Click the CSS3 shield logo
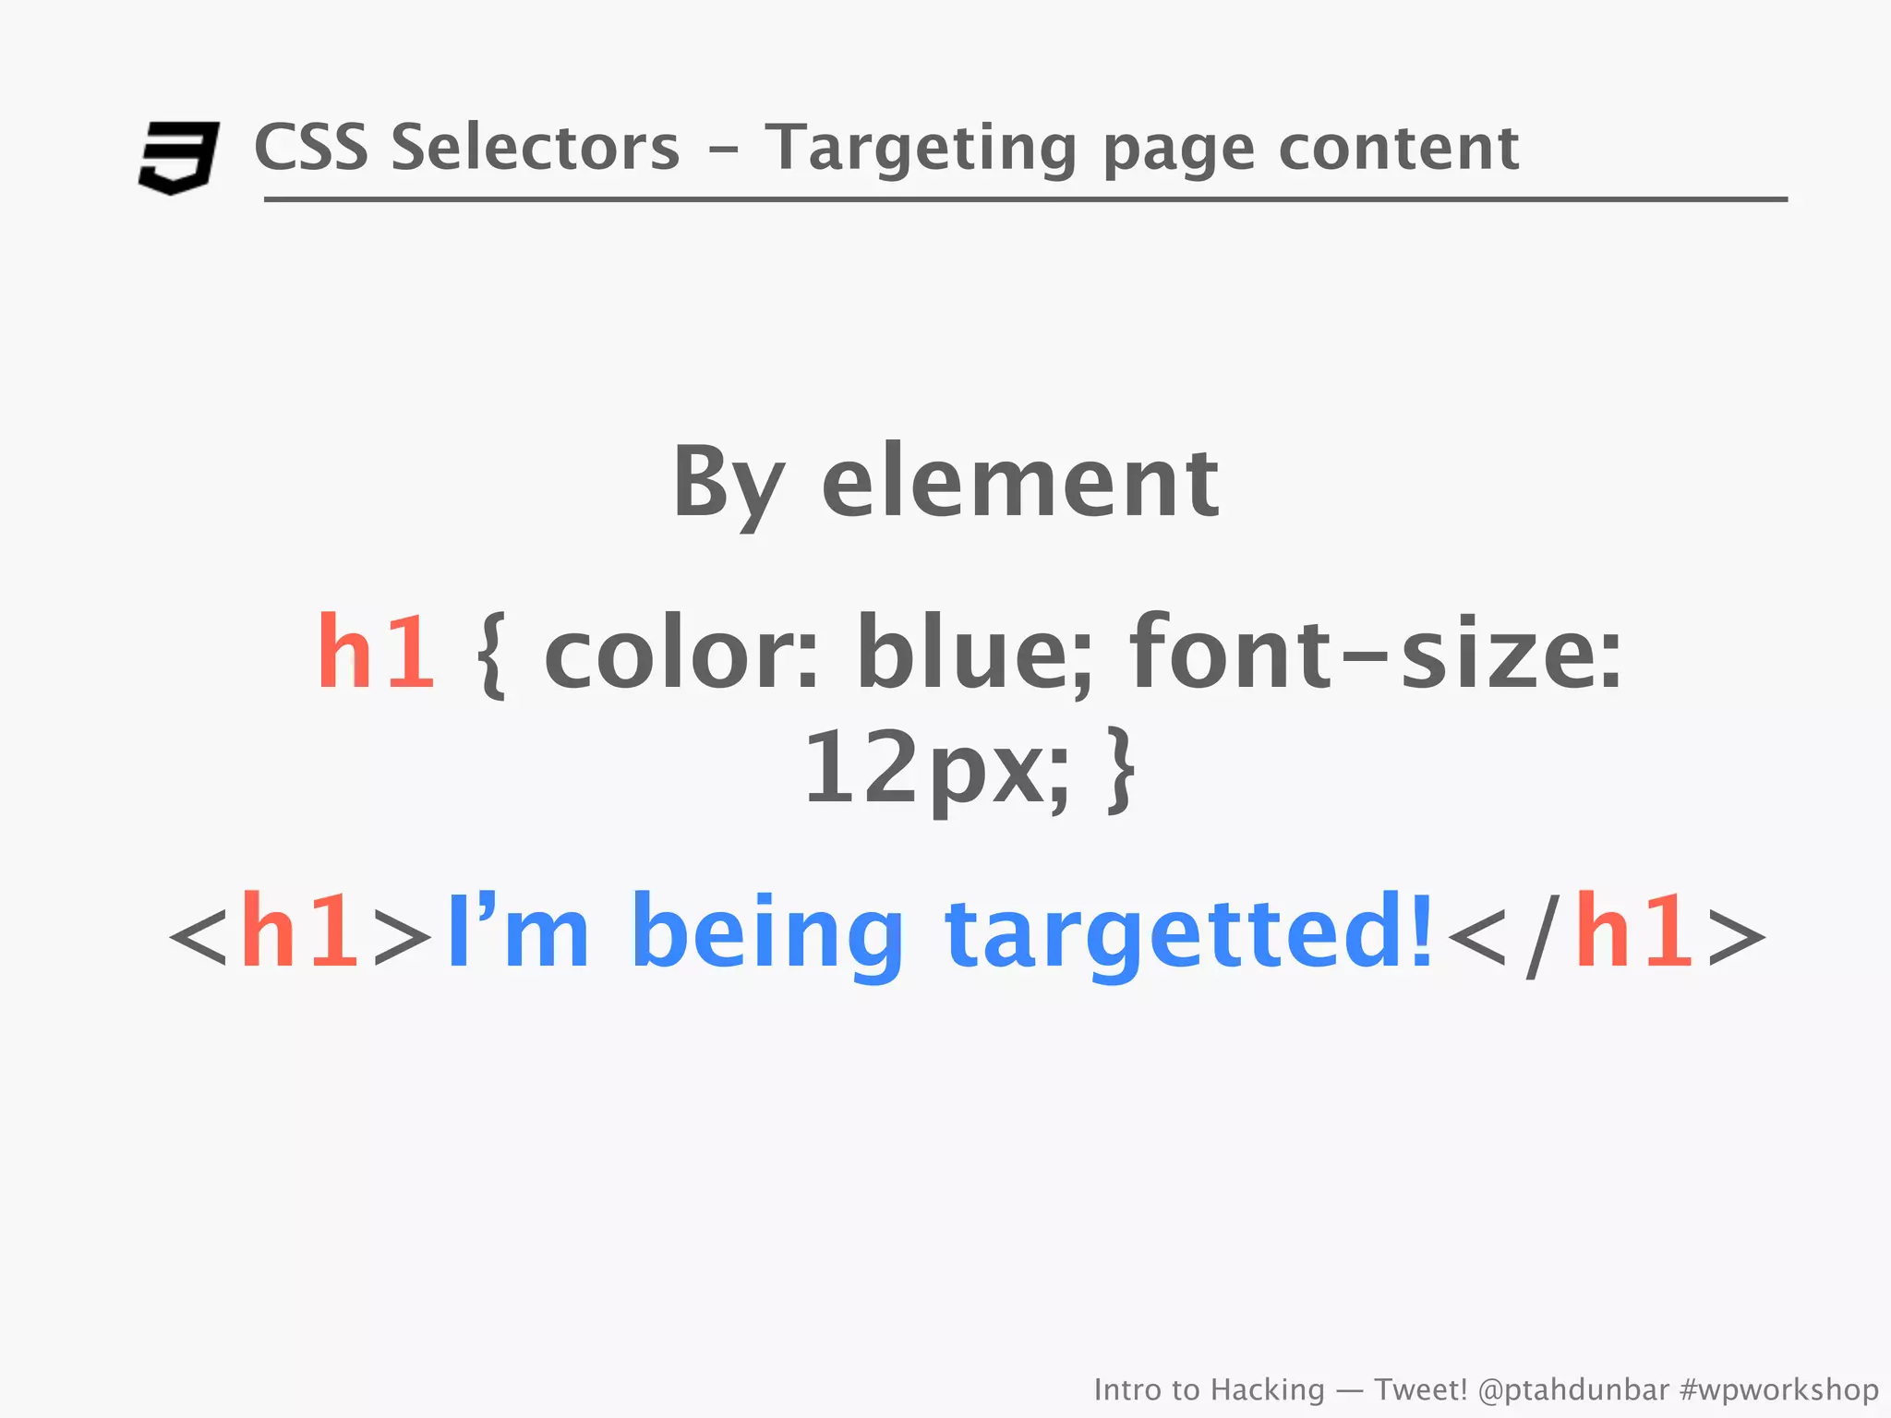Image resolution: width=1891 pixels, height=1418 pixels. click(178, 157)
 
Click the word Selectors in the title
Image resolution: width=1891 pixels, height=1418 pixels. click(535, 148)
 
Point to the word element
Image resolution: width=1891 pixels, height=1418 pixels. click(1020, 483)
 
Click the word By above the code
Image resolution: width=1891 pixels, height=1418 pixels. click(729, 483)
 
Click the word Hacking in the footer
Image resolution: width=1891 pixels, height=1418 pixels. click(1267, 1389)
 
